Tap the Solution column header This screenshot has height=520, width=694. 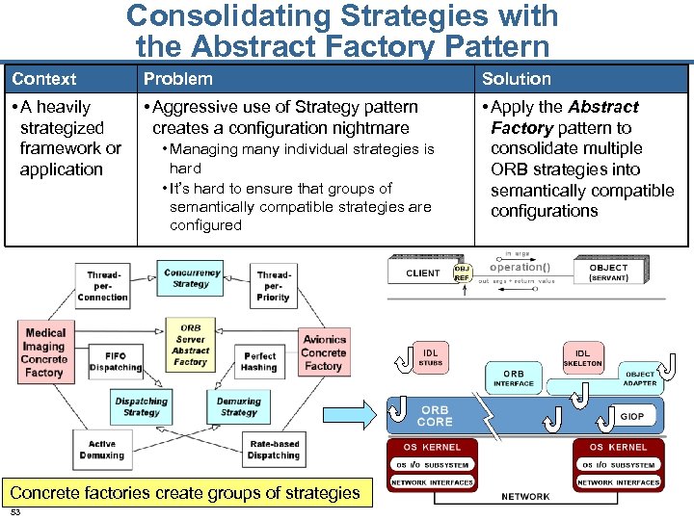coord(517,79)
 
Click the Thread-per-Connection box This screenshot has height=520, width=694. coord(102,286)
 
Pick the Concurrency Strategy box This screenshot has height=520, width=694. coord(191,278)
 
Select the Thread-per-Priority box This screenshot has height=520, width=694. coord(273,286)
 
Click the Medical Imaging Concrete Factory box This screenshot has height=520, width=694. coord(44,352)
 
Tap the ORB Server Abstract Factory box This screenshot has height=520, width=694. coord(190,345)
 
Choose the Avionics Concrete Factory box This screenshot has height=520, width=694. coord(324,352)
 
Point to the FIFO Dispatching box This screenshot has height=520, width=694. coord(115,361)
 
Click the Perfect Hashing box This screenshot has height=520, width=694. coord(259,361)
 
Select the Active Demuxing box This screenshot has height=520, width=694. coord(102,450)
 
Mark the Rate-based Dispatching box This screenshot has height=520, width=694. coord(274,450)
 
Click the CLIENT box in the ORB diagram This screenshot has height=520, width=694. coord(422,273)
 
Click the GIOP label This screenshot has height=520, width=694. coord(632,417)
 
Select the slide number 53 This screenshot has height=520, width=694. coord(14,513)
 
